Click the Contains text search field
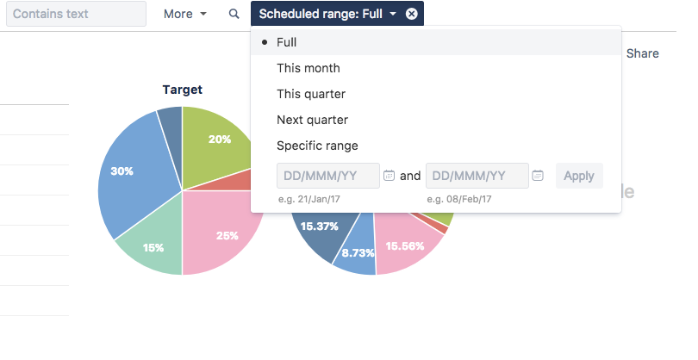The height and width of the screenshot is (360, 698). tap(76, 14)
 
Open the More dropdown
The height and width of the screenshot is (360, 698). tap(185, 14)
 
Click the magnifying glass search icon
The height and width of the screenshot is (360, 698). tap(234, 14)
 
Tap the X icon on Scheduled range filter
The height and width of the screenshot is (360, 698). tap(411, 14)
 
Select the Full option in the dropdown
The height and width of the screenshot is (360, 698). tap(286, 42)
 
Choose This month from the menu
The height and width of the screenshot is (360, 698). tap(308, 68)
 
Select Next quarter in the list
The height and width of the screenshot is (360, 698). tap(312, 120)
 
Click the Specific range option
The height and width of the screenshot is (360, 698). tap(316, 146)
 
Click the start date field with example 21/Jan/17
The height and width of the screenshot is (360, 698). tap(327, 176)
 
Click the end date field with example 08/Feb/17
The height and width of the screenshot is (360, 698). tap(477, 176)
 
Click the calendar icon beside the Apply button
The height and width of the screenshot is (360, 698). tap(538, 176)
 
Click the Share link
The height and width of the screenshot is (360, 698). tap(642, 53)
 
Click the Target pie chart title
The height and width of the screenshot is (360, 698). tap(182, 90)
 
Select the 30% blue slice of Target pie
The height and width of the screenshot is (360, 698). tap(126, 177)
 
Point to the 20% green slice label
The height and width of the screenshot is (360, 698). tap(219, 139)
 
